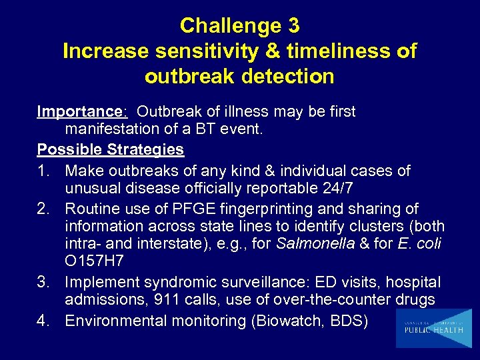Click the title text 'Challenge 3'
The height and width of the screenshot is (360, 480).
tap(239, 26)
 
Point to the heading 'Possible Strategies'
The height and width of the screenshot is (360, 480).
tap(111, 149)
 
